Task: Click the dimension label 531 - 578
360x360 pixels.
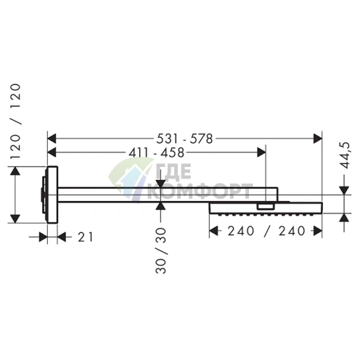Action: tap(184, 139)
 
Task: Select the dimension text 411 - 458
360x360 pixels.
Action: tap(157, 152)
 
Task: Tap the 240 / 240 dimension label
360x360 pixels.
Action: tap(266, 231)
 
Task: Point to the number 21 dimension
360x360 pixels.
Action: tap(85, 237)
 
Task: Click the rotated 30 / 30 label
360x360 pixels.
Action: tap(161, 250)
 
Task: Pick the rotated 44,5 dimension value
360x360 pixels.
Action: tap(345, 155)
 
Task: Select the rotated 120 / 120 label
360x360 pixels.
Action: tap(16, 121)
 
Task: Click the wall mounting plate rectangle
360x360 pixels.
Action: tap(52, 195)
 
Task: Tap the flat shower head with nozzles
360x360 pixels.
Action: tap(266, 208)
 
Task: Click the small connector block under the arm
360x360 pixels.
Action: tap(266, 206)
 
